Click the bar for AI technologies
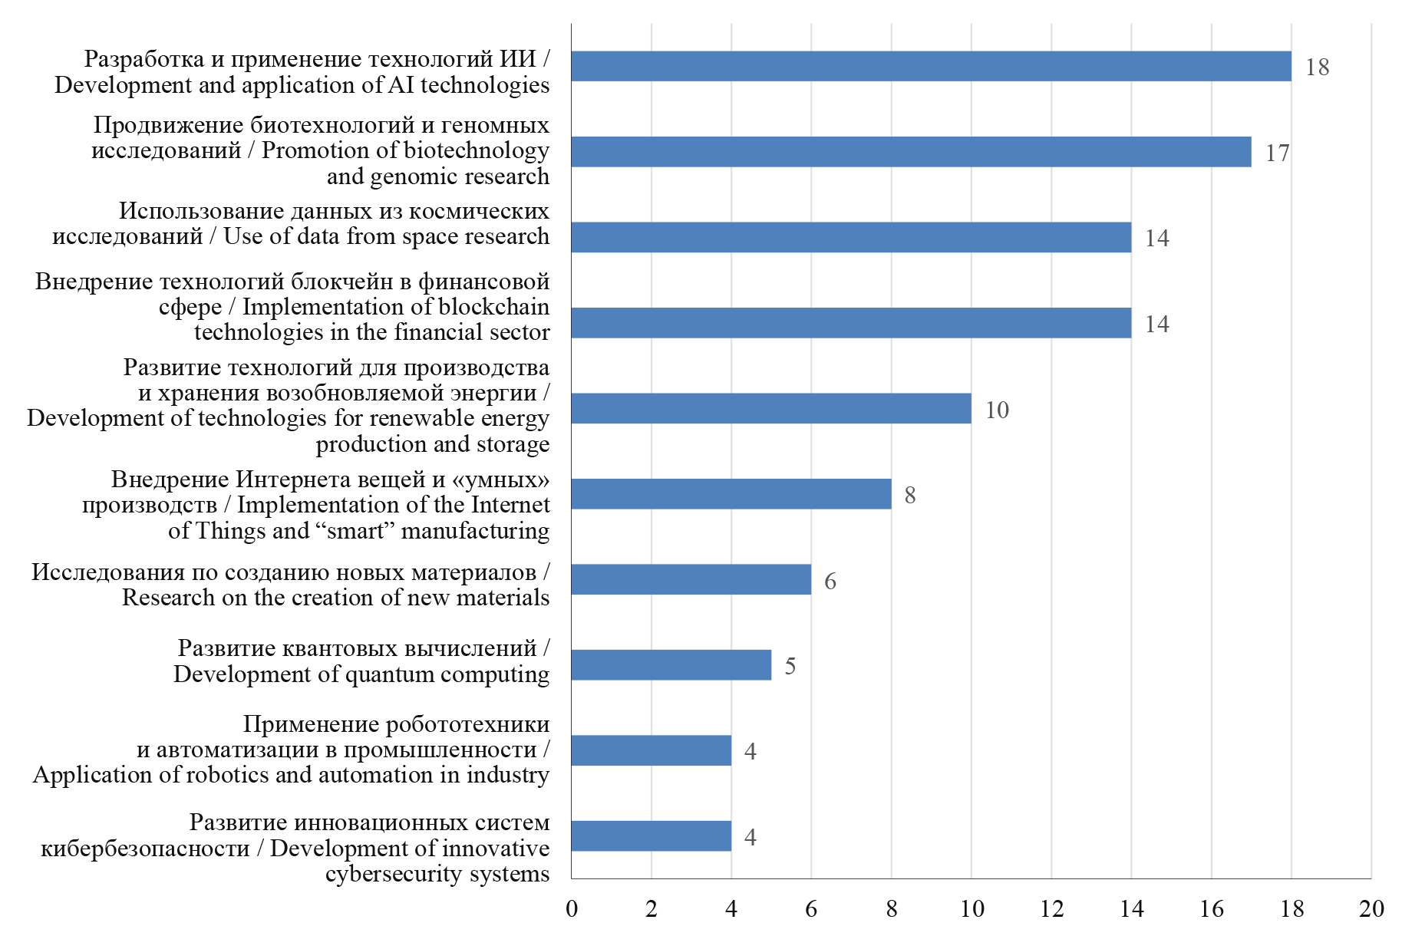pos(930,66)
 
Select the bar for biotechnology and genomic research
pos(910,152)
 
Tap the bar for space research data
pos(850,237)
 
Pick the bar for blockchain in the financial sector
pos(850,323)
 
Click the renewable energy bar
pos(770,408)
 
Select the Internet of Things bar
pos(731,494)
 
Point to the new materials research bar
pos(691,579)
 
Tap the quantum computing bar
pos(671,665)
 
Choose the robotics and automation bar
pos(651,750)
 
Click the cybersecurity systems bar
pos(651,835)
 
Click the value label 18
pos(1317,68)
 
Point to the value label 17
pos(1277,153)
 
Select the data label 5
pos(790,666)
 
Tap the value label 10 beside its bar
pos(997,410)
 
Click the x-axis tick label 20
pos(1371,909)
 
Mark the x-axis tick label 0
pos(572,909)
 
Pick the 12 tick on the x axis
pos(1051,909)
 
